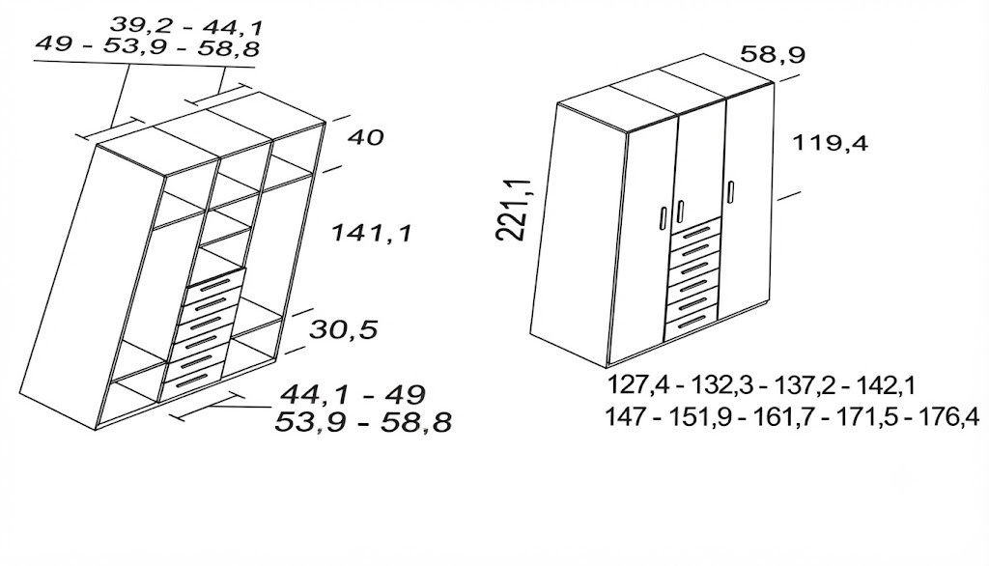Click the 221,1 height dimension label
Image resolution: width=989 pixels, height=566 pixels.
tap(514, 209)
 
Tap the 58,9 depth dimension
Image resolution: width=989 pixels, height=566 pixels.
tap(773, 54)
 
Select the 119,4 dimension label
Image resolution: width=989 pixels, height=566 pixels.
tap(830, 143)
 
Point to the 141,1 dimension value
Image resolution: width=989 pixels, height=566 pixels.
tap(372, 234)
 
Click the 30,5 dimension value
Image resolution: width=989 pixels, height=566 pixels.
tap(343, 329)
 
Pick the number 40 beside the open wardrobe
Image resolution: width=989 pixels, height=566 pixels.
tap(365, 137)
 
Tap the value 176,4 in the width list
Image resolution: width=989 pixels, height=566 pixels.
tap(948, 417)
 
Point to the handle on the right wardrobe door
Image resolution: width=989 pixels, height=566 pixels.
tap(731, 192)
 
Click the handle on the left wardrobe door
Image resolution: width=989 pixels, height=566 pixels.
tap(663, 217)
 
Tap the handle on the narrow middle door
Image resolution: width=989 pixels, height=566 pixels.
tap(681, 212)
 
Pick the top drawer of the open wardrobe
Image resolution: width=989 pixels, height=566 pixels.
tap(214, 287)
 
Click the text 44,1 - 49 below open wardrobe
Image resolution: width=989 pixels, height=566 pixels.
tap(353, 395)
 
